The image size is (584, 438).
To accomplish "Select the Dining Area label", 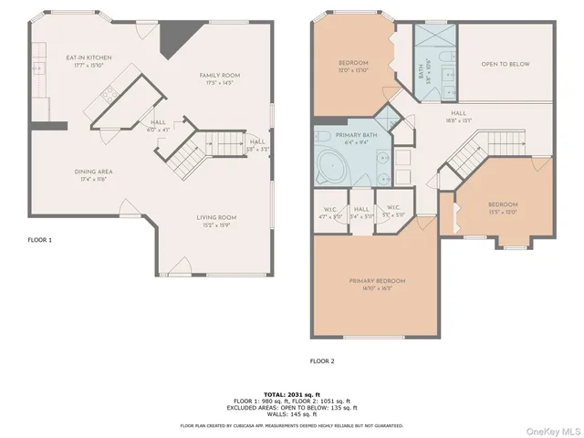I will click(93, 171).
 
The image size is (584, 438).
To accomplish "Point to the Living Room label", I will click(217, 217).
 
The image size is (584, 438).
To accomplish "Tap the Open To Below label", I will click(505, 64).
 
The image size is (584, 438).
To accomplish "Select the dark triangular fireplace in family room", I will click(170, 39).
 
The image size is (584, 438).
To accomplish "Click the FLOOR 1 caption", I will click(40, 240).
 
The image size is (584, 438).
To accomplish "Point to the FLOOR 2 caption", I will click(322, 360).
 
